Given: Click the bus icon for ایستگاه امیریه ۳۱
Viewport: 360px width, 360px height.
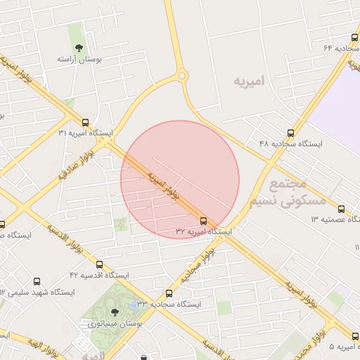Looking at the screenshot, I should (x=85, y=122).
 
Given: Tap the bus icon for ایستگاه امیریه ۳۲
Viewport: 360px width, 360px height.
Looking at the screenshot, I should (x=204, y=220).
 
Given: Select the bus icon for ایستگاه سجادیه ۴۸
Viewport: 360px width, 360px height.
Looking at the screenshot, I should (x=290, y=132).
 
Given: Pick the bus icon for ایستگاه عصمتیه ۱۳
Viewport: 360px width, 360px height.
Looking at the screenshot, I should (x=342, y=209).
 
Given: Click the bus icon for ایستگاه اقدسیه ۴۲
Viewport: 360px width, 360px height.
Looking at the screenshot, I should (x=99, y=264).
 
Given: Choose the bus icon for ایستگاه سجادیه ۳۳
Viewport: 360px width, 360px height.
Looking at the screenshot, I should (x=169, y=293).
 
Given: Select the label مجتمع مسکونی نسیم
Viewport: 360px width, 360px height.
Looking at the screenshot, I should (x=288, y=191).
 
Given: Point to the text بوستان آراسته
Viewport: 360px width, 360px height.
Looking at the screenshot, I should (x=79, y=60).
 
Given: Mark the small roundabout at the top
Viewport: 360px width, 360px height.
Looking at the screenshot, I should (x=181, y=75).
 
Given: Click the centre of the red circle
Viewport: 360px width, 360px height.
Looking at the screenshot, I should (x=180, y=179).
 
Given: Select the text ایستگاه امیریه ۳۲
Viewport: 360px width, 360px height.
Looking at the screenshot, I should (x=203, y=231).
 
